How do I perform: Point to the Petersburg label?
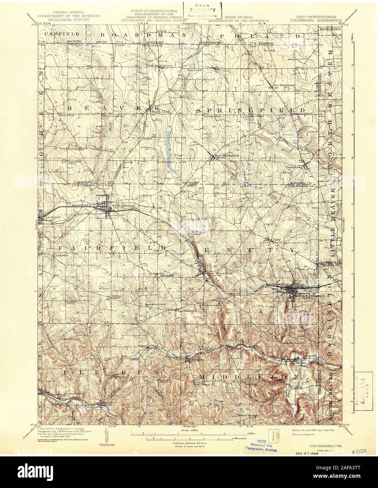294,167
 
